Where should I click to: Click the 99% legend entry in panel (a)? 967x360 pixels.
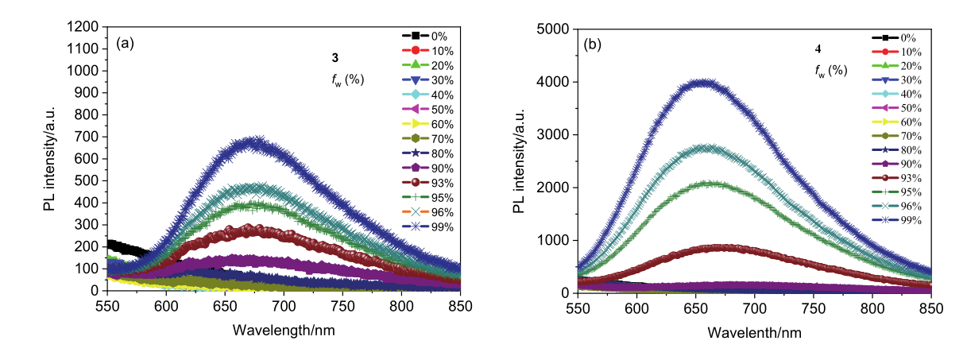pyautogui.click(x=429, y=227)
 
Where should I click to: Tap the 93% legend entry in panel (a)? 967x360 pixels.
pyautogui.click(x=429, y=183)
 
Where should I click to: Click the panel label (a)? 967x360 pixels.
pyautogui.click(x=125, y=43)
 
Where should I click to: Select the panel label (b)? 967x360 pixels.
pyautogui.click(x=593, y=45)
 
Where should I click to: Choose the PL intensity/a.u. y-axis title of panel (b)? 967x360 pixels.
pyautogui.click(x=522, y=161)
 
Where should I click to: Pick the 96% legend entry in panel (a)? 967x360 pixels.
pyautogui.click(x=429, y=212)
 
